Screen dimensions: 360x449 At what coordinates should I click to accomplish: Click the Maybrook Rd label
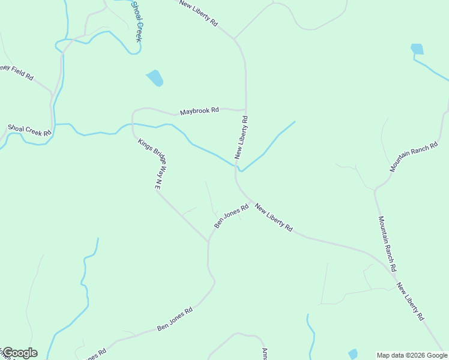(x=199, y=112)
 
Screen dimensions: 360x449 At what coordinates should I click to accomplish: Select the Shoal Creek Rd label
(x=29, y=131)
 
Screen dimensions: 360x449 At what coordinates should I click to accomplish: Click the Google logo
(x=19, y=353)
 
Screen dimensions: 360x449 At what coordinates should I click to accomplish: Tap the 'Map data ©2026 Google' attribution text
(x=412, y=355)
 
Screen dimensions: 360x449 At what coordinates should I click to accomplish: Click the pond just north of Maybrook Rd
(x=155, y=78)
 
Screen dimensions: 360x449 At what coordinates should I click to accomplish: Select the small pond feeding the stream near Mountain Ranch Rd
(x=417, y=49)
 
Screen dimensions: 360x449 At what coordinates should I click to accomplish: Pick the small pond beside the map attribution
(x=353, y=354)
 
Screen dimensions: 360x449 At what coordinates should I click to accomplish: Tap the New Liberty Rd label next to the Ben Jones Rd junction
(x=273, y=218)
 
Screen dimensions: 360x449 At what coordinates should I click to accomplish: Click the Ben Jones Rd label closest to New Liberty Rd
(x=232, y=217)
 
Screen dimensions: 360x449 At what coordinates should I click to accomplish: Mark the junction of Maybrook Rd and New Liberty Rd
(x=246, y=110)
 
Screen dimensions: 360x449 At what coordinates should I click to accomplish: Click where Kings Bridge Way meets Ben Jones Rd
(x=209, y=242)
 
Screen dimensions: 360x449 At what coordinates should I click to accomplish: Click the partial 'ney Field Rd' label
(x=17, y=72)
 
